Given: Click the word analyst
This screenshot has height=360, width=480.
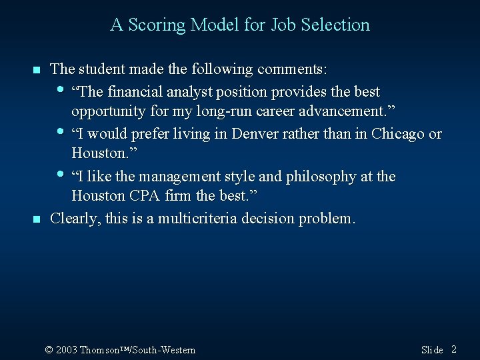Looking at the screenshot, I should pyautogui.click(x=185, y=91).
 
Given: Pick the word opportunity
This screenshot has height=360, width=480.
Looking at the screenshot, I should pyautogui.click(x=106, y=110).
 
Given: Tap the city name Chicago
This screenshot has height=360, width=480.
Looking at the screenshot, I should pyautogui.click(x=399, y=134).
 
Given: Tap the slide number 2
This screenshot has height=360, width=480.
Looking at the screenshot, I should pyautogui.click(x=453, y=349).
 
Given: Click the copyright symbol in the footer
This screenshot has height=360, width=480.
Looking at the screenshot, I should pyautogui.click(x=49, y=350).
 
